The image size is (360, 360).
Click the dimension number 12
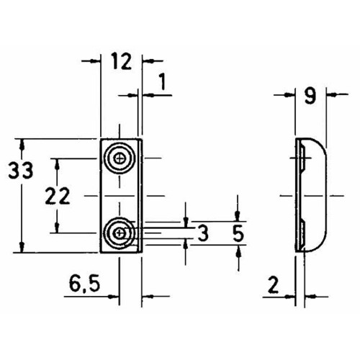click(122, 61)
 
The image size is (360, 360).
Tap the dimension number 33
click(20, 170)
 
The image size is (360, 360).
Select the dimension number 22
click(58, 196)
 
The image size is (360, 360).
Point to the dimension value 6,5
click(84, 283)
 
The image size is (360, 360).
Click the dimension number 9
click(310, 96)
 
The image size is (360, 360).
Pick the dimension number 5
click(238, 233)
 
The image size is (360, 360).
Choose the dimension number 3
click(203, 233)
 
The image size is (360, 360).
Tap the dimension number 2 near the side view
click(273, 285)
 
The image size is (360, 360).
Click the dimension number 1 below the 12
click(163, 81)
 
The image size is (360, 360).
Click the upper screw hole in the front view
click(120, 158)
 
